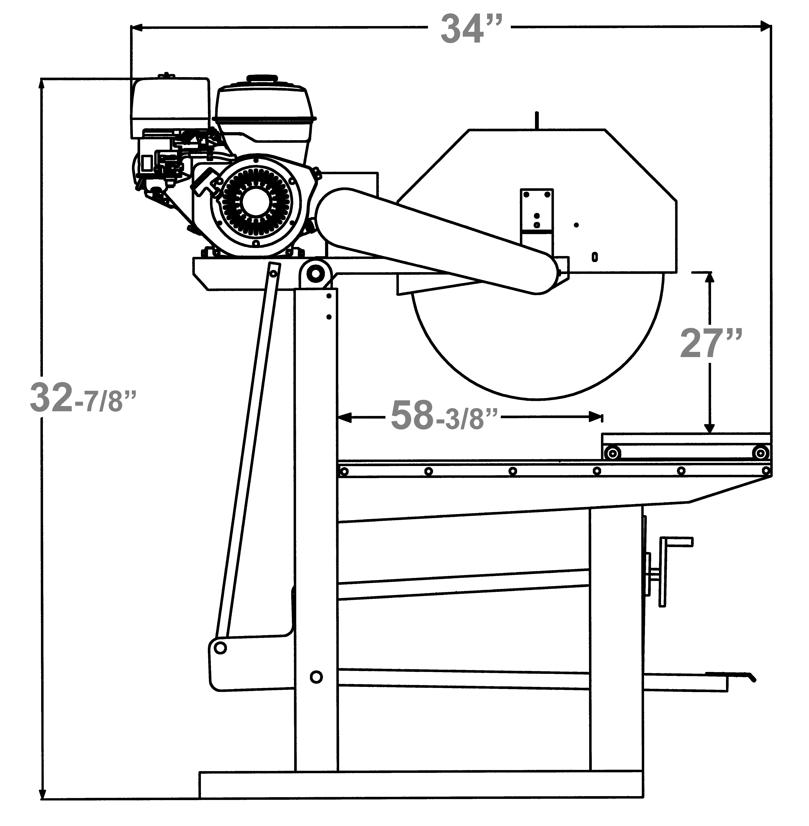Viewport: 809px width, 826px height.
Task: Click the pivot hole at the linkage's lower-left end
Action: (x=220, y=648)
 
